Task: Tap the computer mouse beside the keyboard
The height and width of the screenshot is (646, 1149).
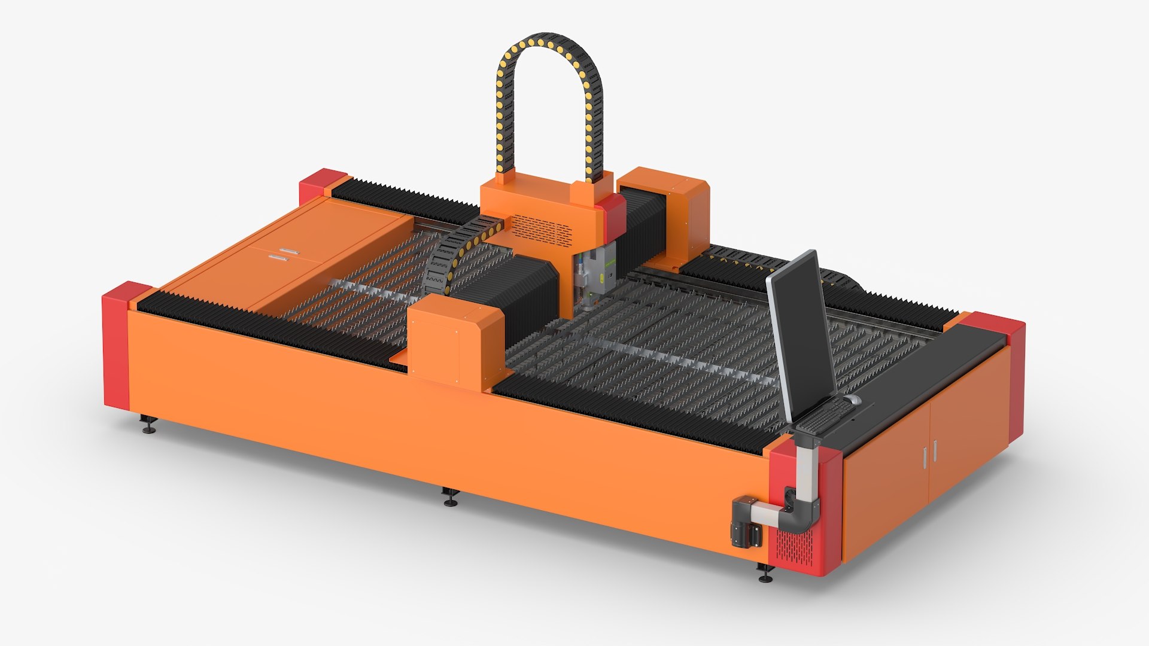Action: tap(853, 399)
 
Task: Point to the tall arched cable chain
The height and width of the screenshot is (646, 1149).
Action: tap(549, 102)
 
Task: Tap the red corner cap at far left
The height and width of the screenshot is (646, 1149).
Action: tap(117, 347)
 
